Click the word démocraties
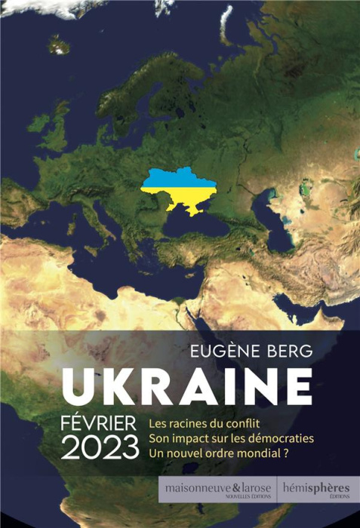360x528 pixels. [278, 437]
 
